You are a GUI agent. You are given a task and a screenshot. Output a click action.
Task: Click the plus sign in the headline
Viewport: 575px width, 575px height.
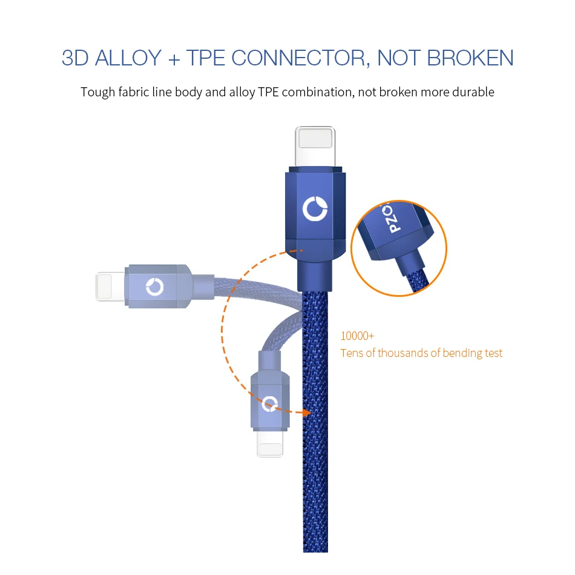(174, 59)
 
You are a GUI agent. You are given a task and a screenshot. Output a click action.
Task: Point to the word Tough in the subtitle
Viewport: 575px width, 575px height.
(96, 92)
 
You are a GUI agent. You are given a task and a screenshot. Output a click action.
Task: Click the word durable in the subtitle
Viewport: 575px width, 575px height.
(473, 92)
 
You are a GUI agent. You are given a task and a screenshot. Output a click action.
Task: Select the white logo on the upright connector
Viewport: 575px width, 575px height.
(314, 209)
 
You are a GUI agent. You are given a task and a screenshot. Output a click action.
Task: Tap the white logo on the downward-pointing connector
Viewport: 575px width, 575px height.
(269, 403)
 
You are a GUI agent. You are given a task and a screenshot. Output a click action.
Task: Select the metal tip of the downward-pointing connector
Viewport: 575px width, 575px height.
(270, 445)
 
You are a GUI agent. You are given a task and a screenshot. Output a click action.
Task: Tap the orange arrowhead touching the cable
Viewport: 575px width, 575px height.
(306, 412)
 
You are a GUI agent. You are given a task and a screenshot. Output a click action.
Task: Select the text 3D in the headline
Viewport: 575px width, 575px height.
(75, 58)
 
